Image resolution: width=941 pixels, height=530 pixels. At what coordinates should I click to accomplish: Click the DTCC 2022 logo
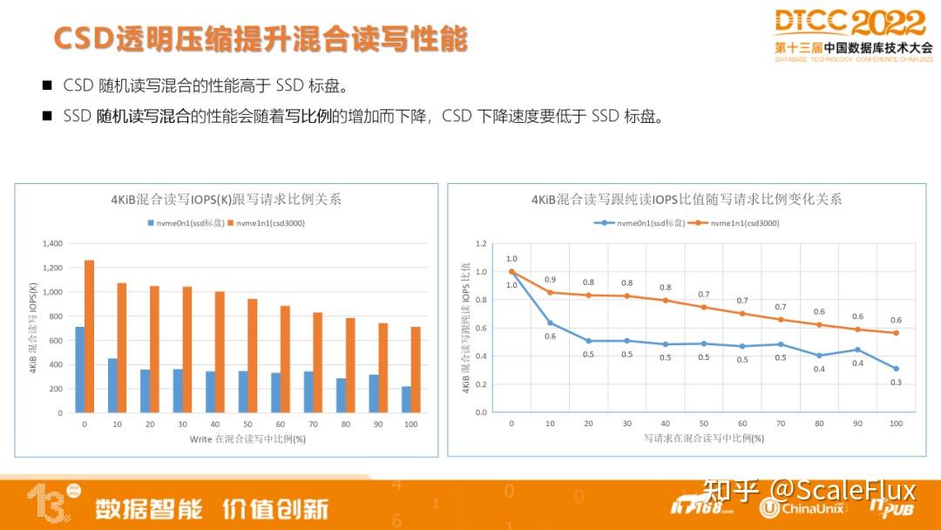[850, 24]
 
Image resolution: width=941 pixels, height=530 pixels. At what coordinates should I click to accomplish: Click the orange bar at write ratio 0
[89, 336]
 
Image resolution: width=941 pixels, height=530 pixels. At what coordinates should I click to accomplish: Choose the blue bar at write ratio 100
[406, 399]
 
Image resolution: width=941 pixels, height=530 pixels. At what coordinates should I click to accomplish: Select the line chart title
[687, 199]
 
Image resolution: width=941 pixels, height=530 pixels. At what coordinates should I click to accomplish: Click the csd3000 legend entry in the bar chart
[269, 223]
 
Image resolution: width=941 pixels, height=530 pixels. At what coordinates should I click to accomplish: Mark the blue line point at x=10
[550, 323]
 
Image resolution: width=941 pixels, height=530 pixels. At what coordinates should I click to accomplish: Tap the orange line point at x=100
[896, 333]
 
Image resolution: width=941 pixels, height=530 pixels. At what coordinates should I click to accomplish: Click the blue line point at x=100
[896, 369]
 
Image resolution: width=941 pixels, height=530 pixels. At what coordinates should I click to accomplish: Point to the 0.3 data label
[896, 383]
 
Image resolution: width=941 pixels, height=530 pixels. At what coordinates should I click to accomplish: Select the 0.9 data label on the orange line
[550, 279]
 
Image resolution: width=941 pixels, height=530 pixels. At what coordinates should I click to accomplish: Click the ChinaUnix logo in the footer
[801, 508]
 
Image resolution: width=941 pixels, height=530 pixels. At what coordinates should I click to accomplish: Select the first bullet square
[47, 85]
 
